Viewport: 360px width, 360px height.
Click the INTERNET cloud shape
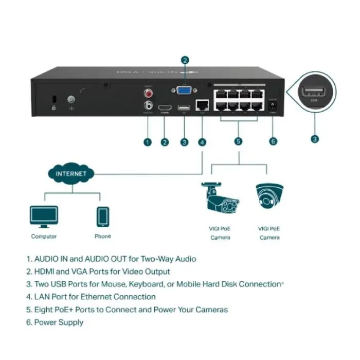[71, 173]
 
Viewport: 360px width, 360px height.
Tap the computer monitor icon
[44, 217]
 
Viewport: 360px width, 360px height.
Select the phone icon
[102, 217]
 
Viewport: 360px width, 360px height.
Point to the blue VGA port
[184, 91]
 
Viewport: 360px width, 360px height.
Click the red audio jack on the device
[149, 94]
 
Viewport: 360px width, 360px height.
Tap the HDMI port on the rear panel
[165, 107]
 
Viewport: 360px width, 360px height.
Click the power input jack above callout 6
[273, 106]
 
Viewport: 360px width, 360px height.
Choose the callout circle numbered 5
[238, 142]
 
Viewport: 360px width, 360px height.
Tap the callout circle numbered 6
[273, 142]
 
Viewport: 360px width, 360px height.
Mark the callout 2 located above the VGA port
[185, 60]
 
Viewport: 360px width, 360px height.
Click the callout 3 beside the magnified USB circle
[314, 138]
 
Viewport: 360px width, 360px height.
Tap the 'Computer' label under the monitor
[44, 237]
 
